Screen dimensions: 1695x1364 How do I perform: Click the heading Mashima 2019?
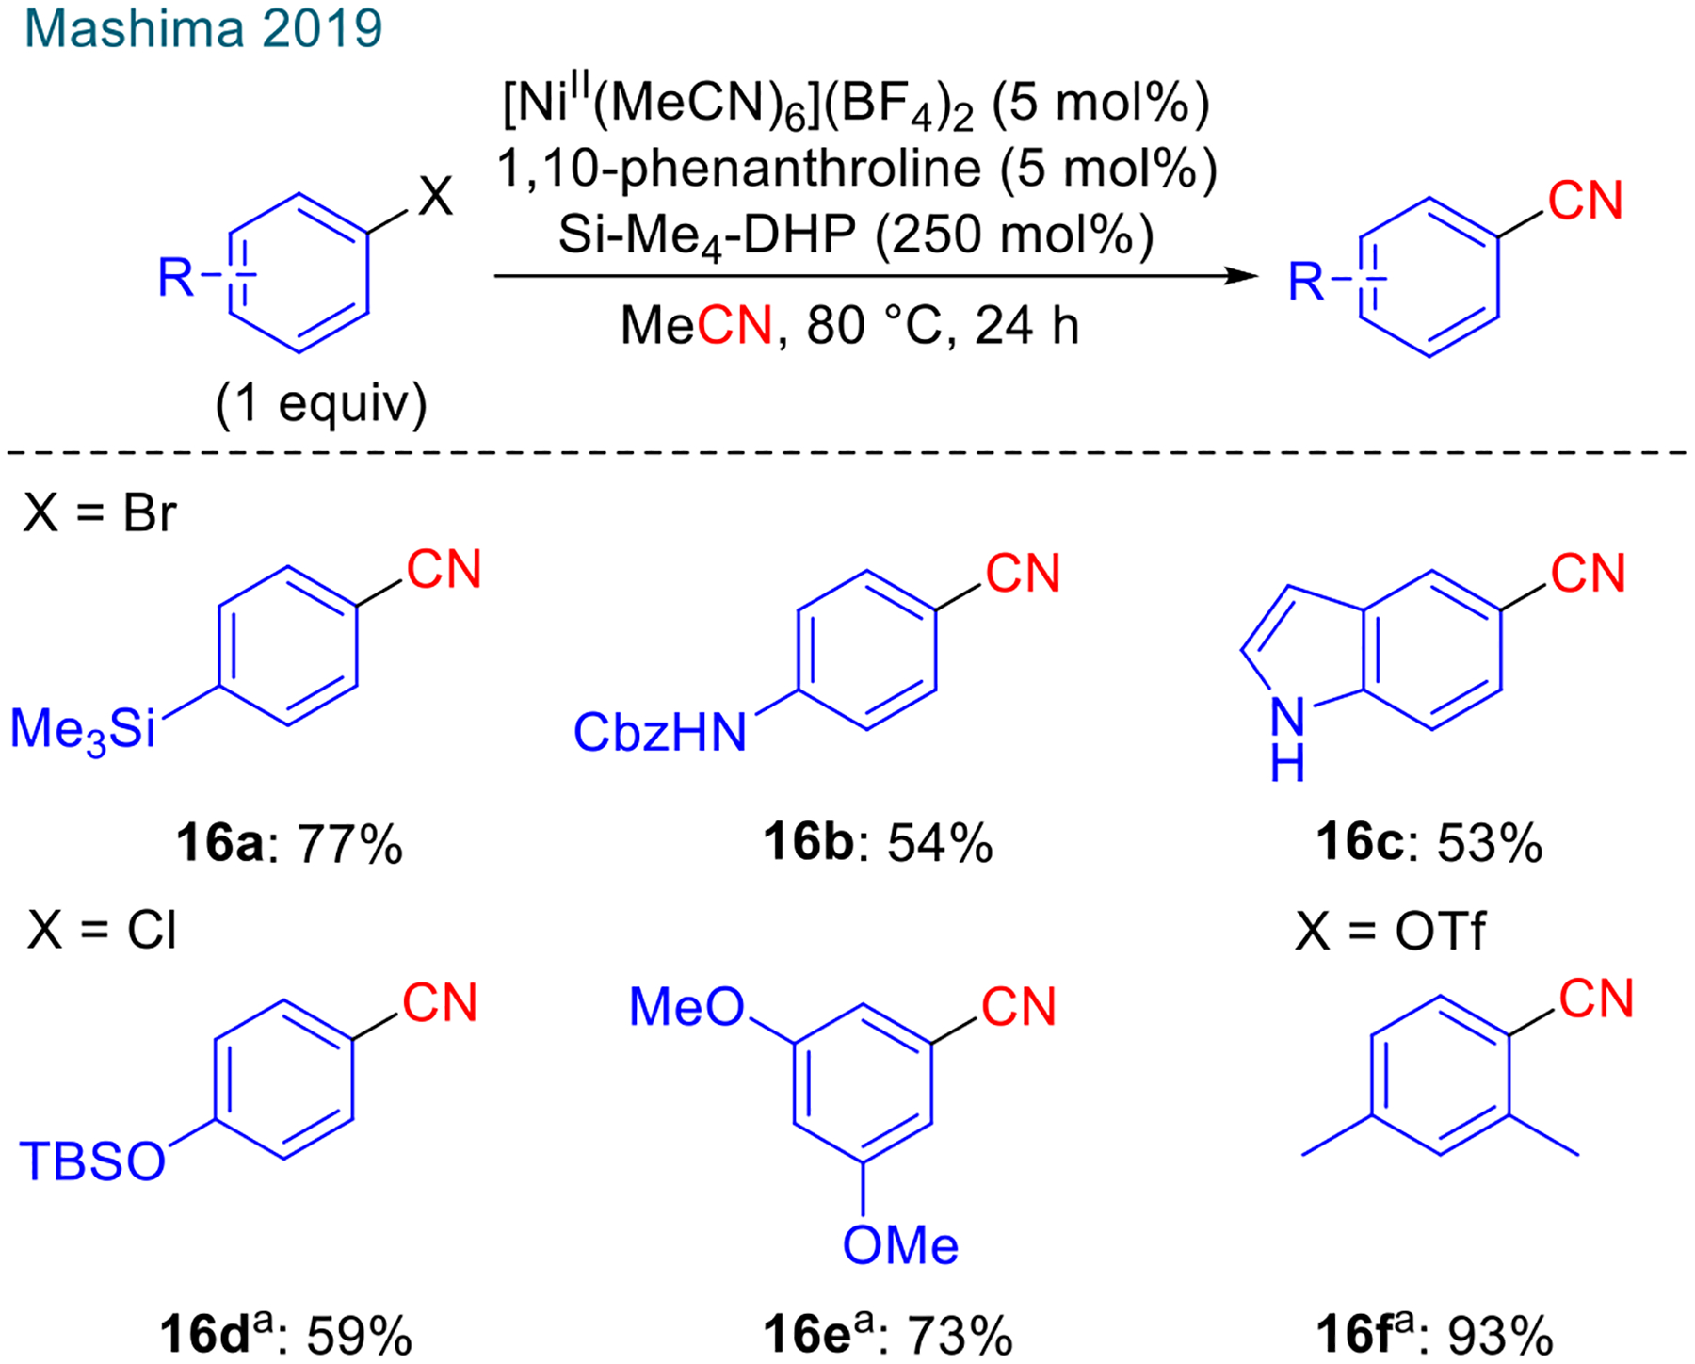(202, 29)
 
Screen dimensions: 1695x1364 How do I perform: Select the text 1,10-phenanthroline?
(738, 169)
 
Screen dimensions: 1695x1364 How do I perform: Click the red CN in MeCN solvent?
(734, 326)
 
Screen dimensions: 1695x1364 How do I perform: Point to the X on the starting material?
(435, 198)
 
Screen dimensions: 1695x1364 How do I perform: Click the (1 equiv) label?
(321, 404)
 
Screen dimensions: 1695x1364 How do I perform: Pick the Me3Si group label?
(83, 730)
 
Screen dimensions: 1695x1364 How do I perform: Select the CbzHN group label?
(659, 732)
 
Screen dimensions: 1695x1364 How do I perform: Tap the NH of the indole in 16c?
(1287, 739)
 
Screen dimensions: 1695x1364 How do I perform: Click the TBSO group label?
(92, 1161)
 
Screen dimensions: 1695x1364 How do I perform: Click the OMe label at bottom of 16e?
(900, 1246)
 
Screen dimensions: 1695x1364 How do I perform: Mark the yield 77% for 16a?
(350, 843)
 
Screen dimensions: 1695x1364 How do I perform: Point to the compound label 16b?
(808, 842)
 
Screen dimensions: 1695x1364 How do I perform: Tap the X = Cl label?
(103, 931)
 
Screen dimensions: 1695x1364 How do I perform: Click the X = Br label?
(101, 513)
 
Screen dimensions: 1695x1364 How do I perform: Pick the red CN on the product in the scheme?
(1586, 202)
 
